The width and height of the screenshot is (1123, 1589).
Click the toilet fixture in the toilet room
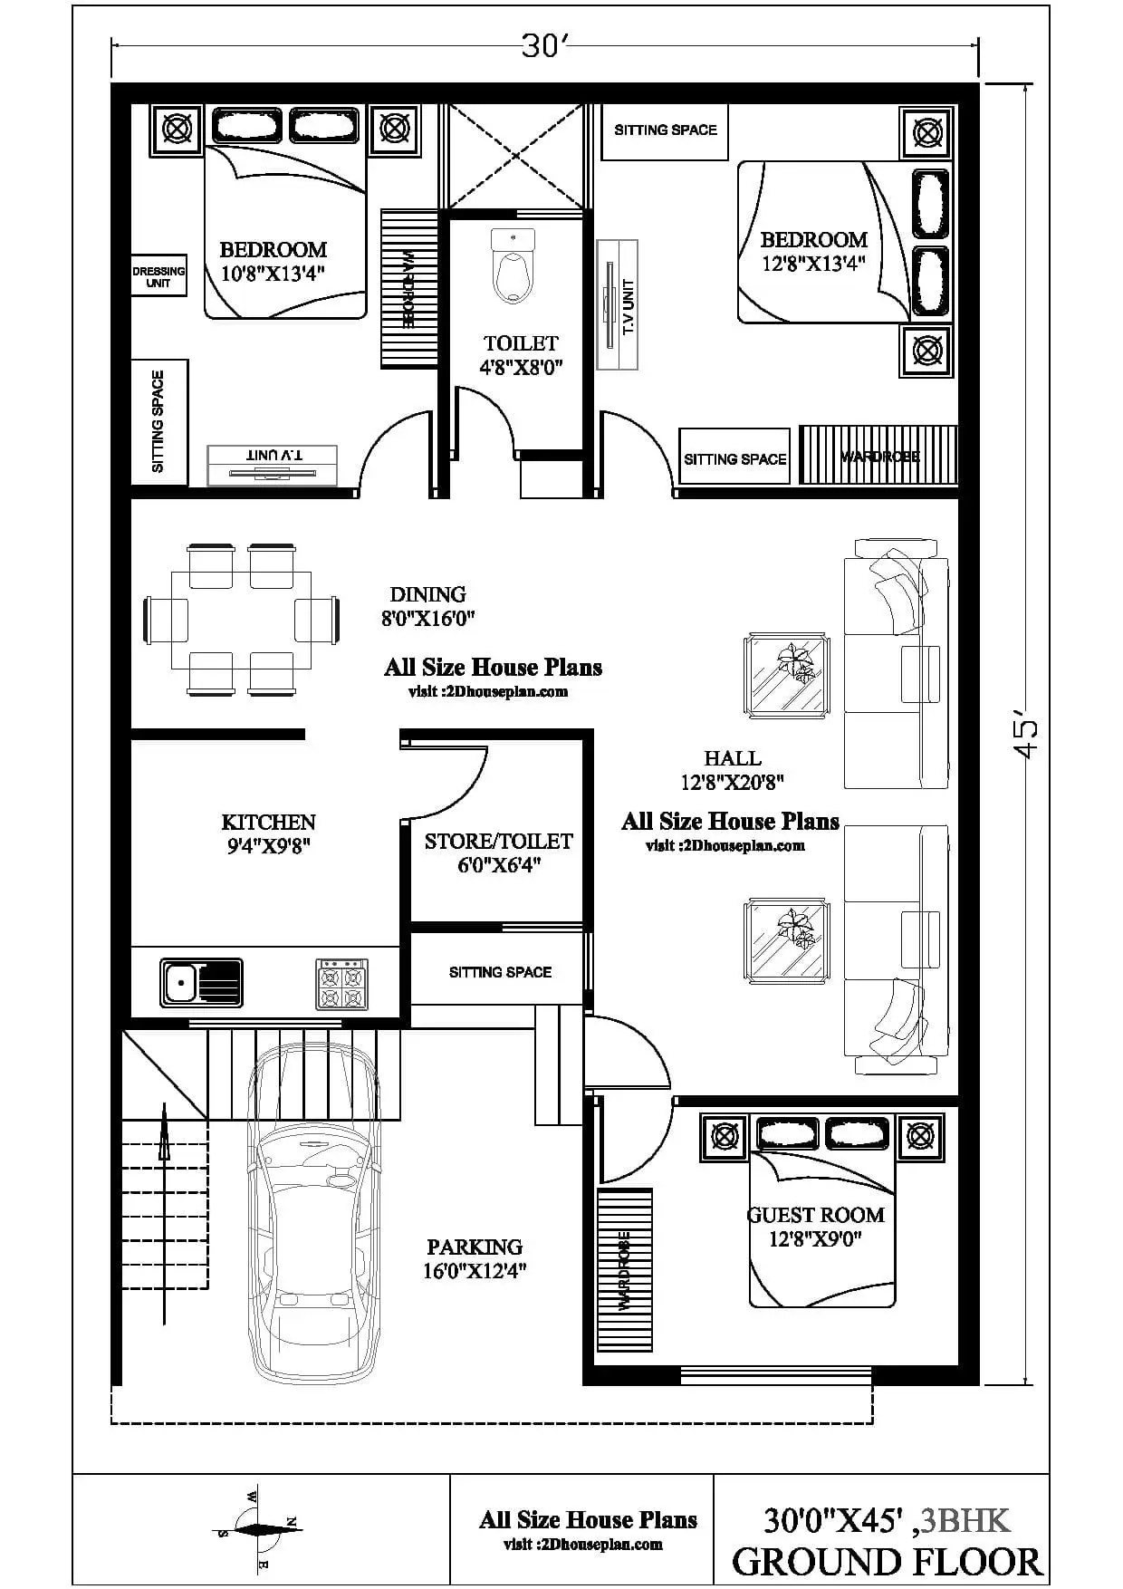pos(513,266)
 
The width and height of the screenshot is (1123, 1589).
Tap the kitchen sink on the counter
pos(201,982)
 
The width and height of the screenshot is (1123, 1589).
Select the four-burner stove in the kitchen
pos(341,984)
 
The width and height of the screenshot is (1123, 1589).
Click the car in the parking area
pos(314,1214)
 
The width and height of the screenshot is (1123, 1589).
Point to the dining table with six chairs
pos(241,620)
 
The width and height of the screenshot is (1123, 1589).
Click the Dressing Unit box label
pos(158,275)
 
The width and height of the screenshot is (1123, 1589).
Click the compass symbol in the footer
pos(258,1529)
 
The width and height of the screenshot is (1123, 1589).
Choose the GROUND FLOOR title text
pos(886,1562)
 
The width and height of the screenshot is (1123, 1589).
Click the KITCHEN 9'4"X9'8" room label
pos(268,833)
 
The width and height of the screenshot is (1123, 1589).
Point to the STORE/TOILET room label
pos(498,852)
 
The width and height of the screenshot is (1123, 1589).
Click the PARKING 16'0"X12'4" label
pos(475,1258)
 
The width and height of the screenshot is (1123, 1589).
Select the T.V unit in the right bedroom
pos(619,305)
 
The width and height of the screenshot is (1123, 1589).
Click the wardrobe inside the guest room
pos(624,1269)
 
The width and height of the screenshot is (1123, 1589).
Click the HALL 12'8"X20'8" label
pos(733,769)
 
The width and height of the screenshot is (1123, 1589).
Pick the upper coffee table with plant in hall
pos(786,676)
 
